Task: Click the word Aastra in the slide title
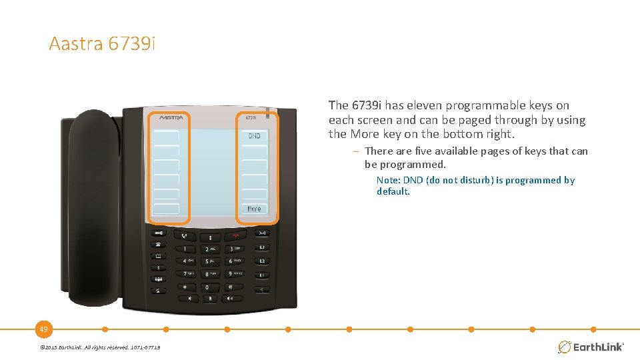click(75, 45)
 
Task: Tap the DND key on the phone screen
click(254, 136)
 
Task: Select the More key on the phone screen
click(254, 209)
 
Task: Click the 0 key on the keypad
click(207, 287)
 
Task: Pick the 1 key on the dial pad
click(185, 248)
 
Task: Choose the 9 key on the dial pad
click(231, 273)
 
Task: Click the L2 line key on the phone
click(262, 261)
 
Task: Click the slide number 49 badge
click(43, 329)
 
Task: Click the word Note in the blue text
click(387, 180)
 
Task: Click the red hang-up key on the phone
click(235, 235)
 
